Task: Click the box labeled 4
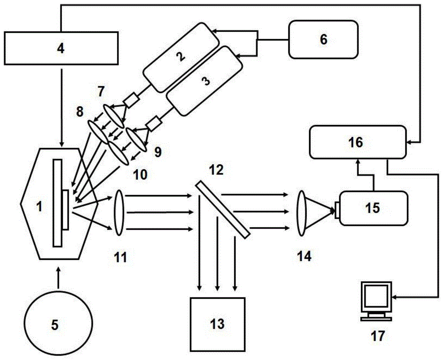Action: [61, 47]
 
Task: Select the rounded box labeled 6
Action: [323, 39]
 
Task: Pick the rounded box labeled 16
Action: [357, 142]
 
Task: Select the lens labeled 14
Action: [302, 212]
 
